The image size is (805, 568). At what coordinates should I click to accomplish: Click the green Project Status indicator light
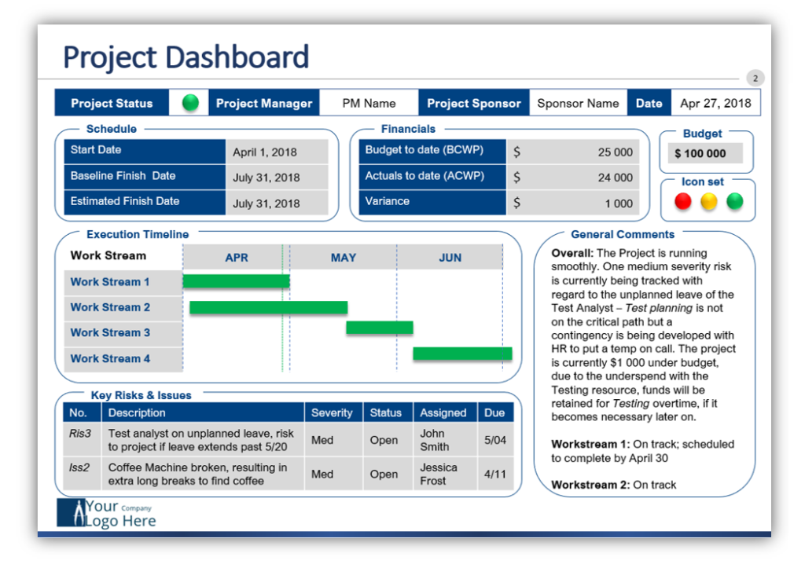(190, 103)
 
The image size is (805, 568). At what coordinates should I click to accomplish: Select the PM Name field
(369, 103)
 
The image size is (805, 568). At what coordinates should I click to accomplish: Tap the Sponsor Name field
(578, 103)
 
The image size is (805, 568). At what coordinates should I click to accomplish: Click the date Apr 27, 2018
(715, 103)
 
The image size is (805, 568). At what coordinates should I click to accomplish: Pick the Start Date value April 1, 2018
(266, 152)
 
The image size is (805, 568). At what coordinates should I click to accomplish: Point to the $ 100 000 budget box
(700, 153)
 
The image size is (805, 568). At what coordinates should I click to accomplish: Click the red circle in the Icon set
(683, 202)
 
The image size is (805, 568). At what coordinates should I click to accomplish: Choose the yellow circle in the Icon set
(709, 202)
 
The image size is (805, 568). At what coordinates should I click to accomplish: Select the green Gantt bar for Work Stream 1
(236, 281)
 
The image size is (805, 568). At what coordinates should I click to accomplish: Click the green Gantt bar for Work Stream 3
(380, 328)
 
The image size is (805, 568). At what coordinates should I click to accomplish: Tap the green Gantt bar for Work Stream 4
(462, 354)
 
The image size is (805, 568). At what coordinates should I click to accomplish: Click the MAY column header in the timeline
(343, 258)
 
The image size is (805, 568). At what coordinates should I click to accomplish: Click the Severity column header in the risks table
(332, 412)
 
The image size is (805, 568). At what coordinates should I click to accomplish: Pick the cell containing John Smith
(434, 440)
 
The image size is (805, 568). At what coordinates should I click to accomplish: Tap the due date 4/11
(494, 475)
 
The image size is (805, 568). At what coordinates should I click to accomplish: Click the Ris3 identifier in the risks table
(80, 433)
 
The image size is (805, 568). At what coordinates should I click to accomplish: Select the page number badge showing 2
(755, 78)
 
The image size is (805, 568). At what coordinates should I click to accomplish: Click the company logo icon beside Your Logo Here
(70, 513)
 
